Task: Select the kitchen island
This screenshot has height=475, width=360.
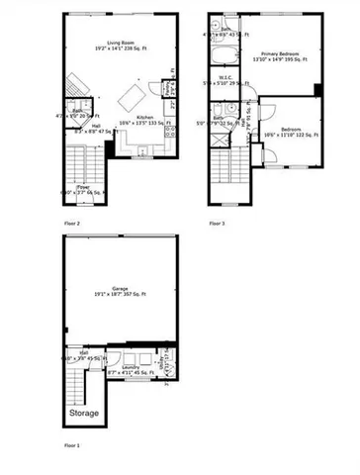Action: click(x=132, y=97)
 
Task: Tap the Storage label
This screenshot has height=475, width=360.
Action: click(x=83, y=413)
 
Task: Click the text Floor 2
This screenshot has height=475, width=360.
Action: click(x=72, y=224)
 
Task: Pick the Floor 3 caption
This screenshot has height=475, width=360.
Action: click(x=217, y=224)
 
